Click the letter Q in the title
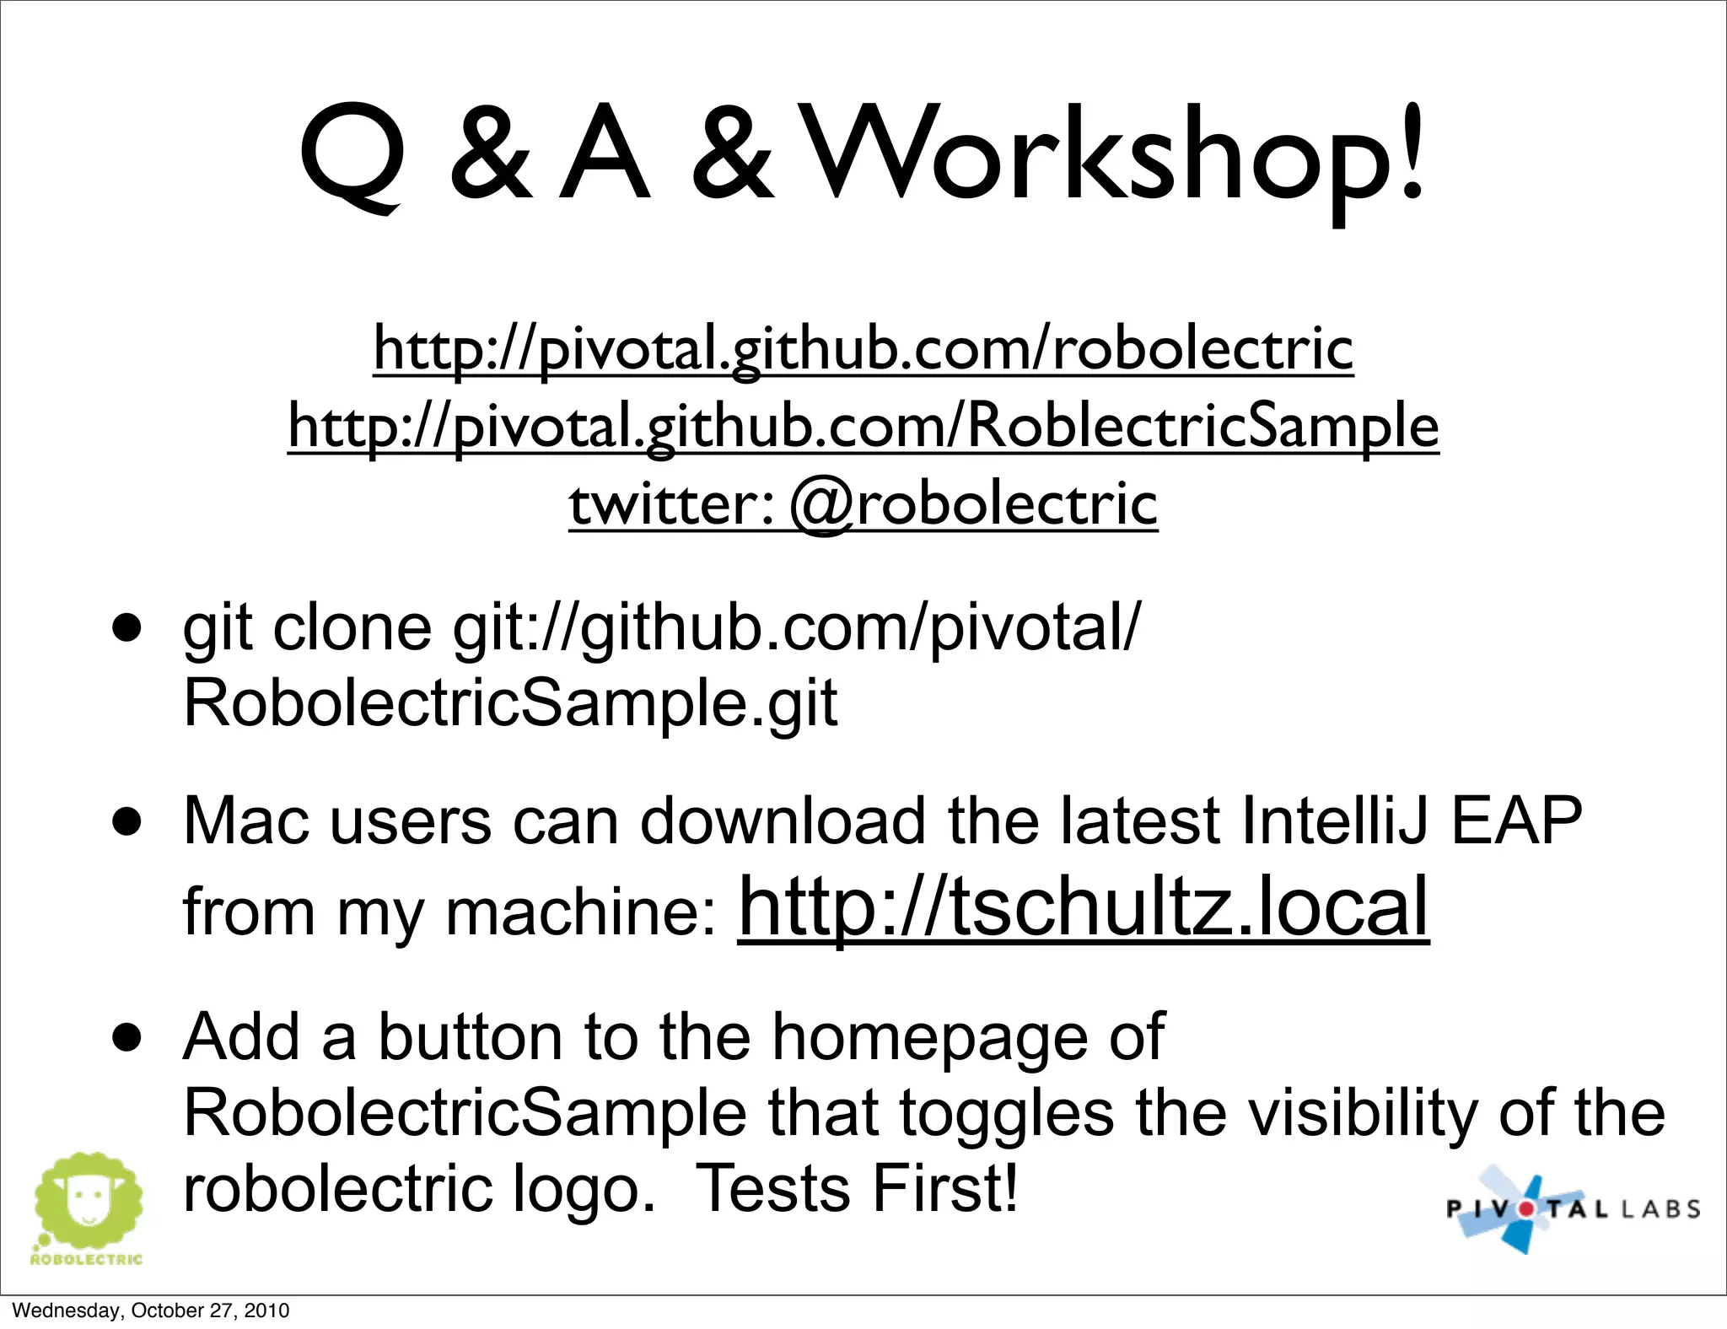352,156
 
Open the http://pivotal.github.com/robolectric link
863,347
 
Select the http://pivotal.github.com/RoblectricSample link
863,426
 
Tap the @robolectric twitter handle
974,504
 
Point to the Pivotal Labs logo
1573,1208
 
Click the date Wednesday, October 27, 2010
151,1310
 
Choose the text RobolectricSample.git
510,702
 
